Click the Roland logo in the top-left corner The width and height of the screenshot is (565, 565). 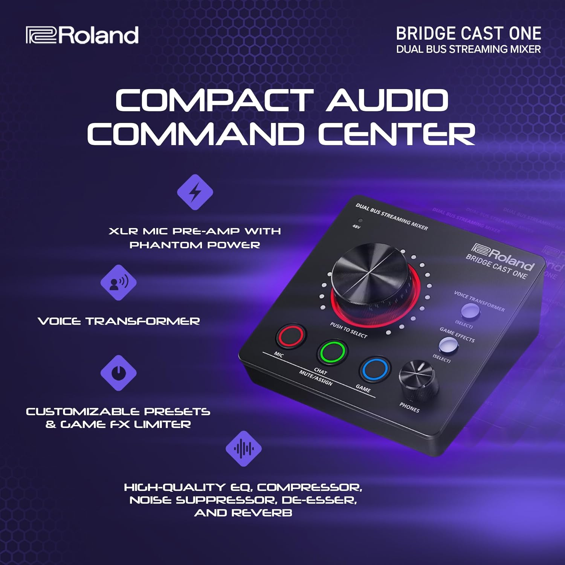pyautogui.click(x=82, y=35)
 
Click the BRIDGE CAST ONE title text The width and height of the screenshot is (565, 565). pyautogui.click(x=468, y=34)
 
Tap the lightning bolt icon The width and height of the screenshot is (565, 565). pyautogui.click(x=195, y=192)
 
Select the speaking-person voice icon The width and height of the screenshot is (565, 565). pyautogui.click(x=119, y=282)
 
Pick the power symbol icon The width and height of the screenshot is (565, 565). pyautogui.click(x=119, y=373)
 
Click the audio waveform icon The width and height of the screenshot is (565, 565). pyautogui.click(x=244, y=449)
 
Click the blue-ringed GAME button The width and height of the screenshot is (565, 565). pyautogui.click(x=375, y=370)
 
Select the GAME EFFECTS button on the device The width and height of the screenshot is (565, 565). pyautogui.click(x=448, y=344)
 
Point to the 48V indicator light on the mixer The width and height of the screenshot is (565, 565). pyautogui.click(x=360, y=221)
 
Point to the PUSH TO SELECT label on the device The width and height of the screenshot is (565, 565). pyautogui.click(x=348, y=330)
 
